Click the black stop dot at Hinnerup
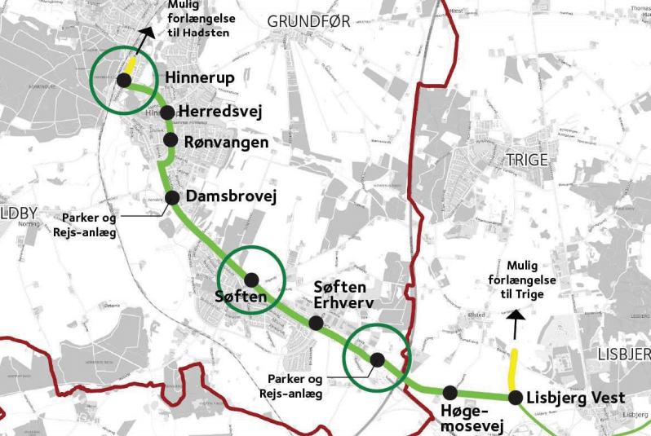pos(124,80)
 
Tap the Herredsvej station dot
pos(167,112)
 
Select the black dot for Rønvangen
pos(170,139)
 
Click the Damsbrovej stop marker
pos(172,197)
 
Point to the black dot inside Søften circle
pos(251,278)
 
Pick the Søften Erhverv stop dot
pos(316,323)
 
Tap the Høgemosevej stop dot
pos(449,393)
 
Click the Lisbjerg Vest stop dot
pos(516,398)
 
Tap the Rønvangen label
pos(226,141)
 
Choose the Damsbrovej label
pos(232,196)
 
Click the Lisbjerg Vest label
pos(577,398)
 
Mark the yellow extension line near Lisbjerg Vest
pos(513,368)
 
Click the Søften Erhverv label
pos(343,295)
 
